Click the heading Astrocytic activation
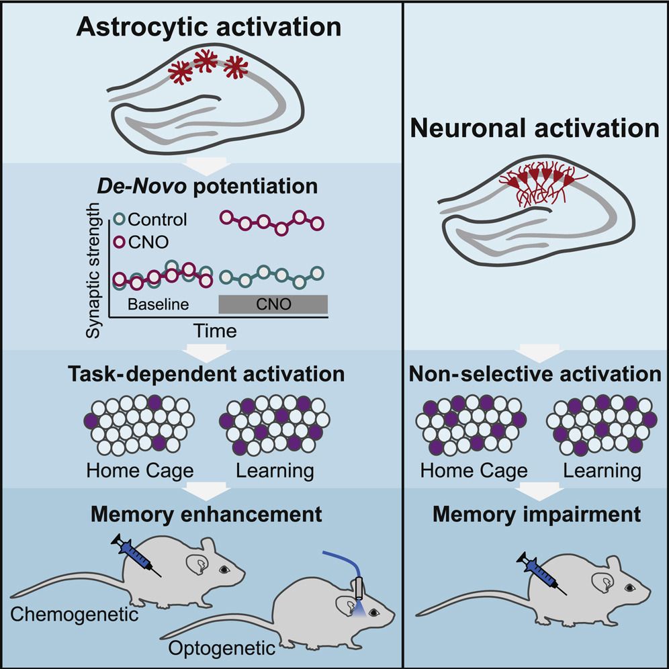209,28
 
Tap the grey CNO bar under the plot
273,304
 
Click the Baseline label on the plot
158,304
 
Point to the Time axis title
216,330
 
